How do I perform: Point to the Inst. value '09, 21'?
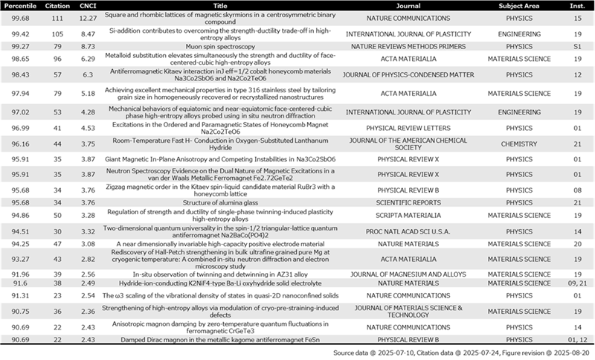point(576,283)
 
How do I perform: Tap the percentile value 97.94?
point(19,94)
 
